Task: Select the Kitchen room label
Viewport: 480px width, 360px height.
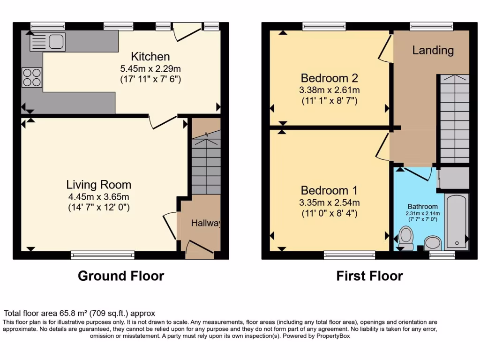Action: coord(150,57)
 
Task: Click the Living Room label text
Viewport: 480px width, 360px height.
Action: coord(98,184)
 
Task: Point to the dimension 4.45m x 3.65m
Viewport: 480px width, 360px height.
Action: coord(98,196)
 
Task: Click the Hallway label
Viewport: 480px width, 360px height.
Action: coord(205,224)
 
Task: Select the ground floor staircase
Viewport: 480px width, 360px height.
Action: coord(206,164)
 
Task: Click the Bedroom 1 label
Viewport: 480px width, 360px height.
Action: coord(329,190)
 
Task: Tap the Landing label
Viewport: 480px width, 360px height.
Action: coord(433,50)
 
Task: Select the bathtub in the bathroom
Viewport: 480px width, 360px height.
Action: coord(456,221)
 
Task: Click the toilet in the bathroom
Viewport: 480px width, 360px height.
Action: coord(405,237)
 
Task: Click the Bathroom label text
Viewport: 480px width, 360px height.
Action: coord(422,206)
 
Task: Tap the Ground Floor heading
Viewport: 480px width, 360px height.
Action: coord(121,276)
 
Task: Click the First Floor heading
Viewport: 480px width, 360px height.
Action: coord(369,276)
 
